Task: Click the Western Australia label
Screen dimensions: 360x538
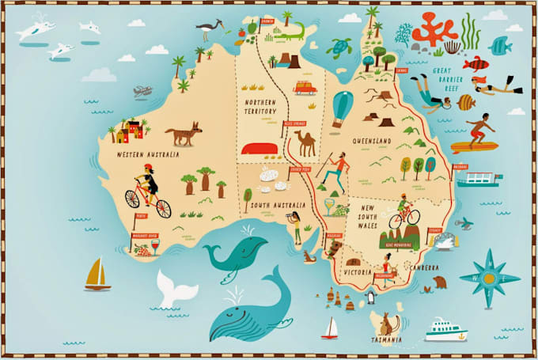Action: coord(146,154)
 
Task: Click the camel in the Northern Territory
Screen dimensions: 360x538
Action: coord(305,142)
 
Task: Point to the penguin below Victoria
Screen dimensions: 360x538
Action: coord(368,298)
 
